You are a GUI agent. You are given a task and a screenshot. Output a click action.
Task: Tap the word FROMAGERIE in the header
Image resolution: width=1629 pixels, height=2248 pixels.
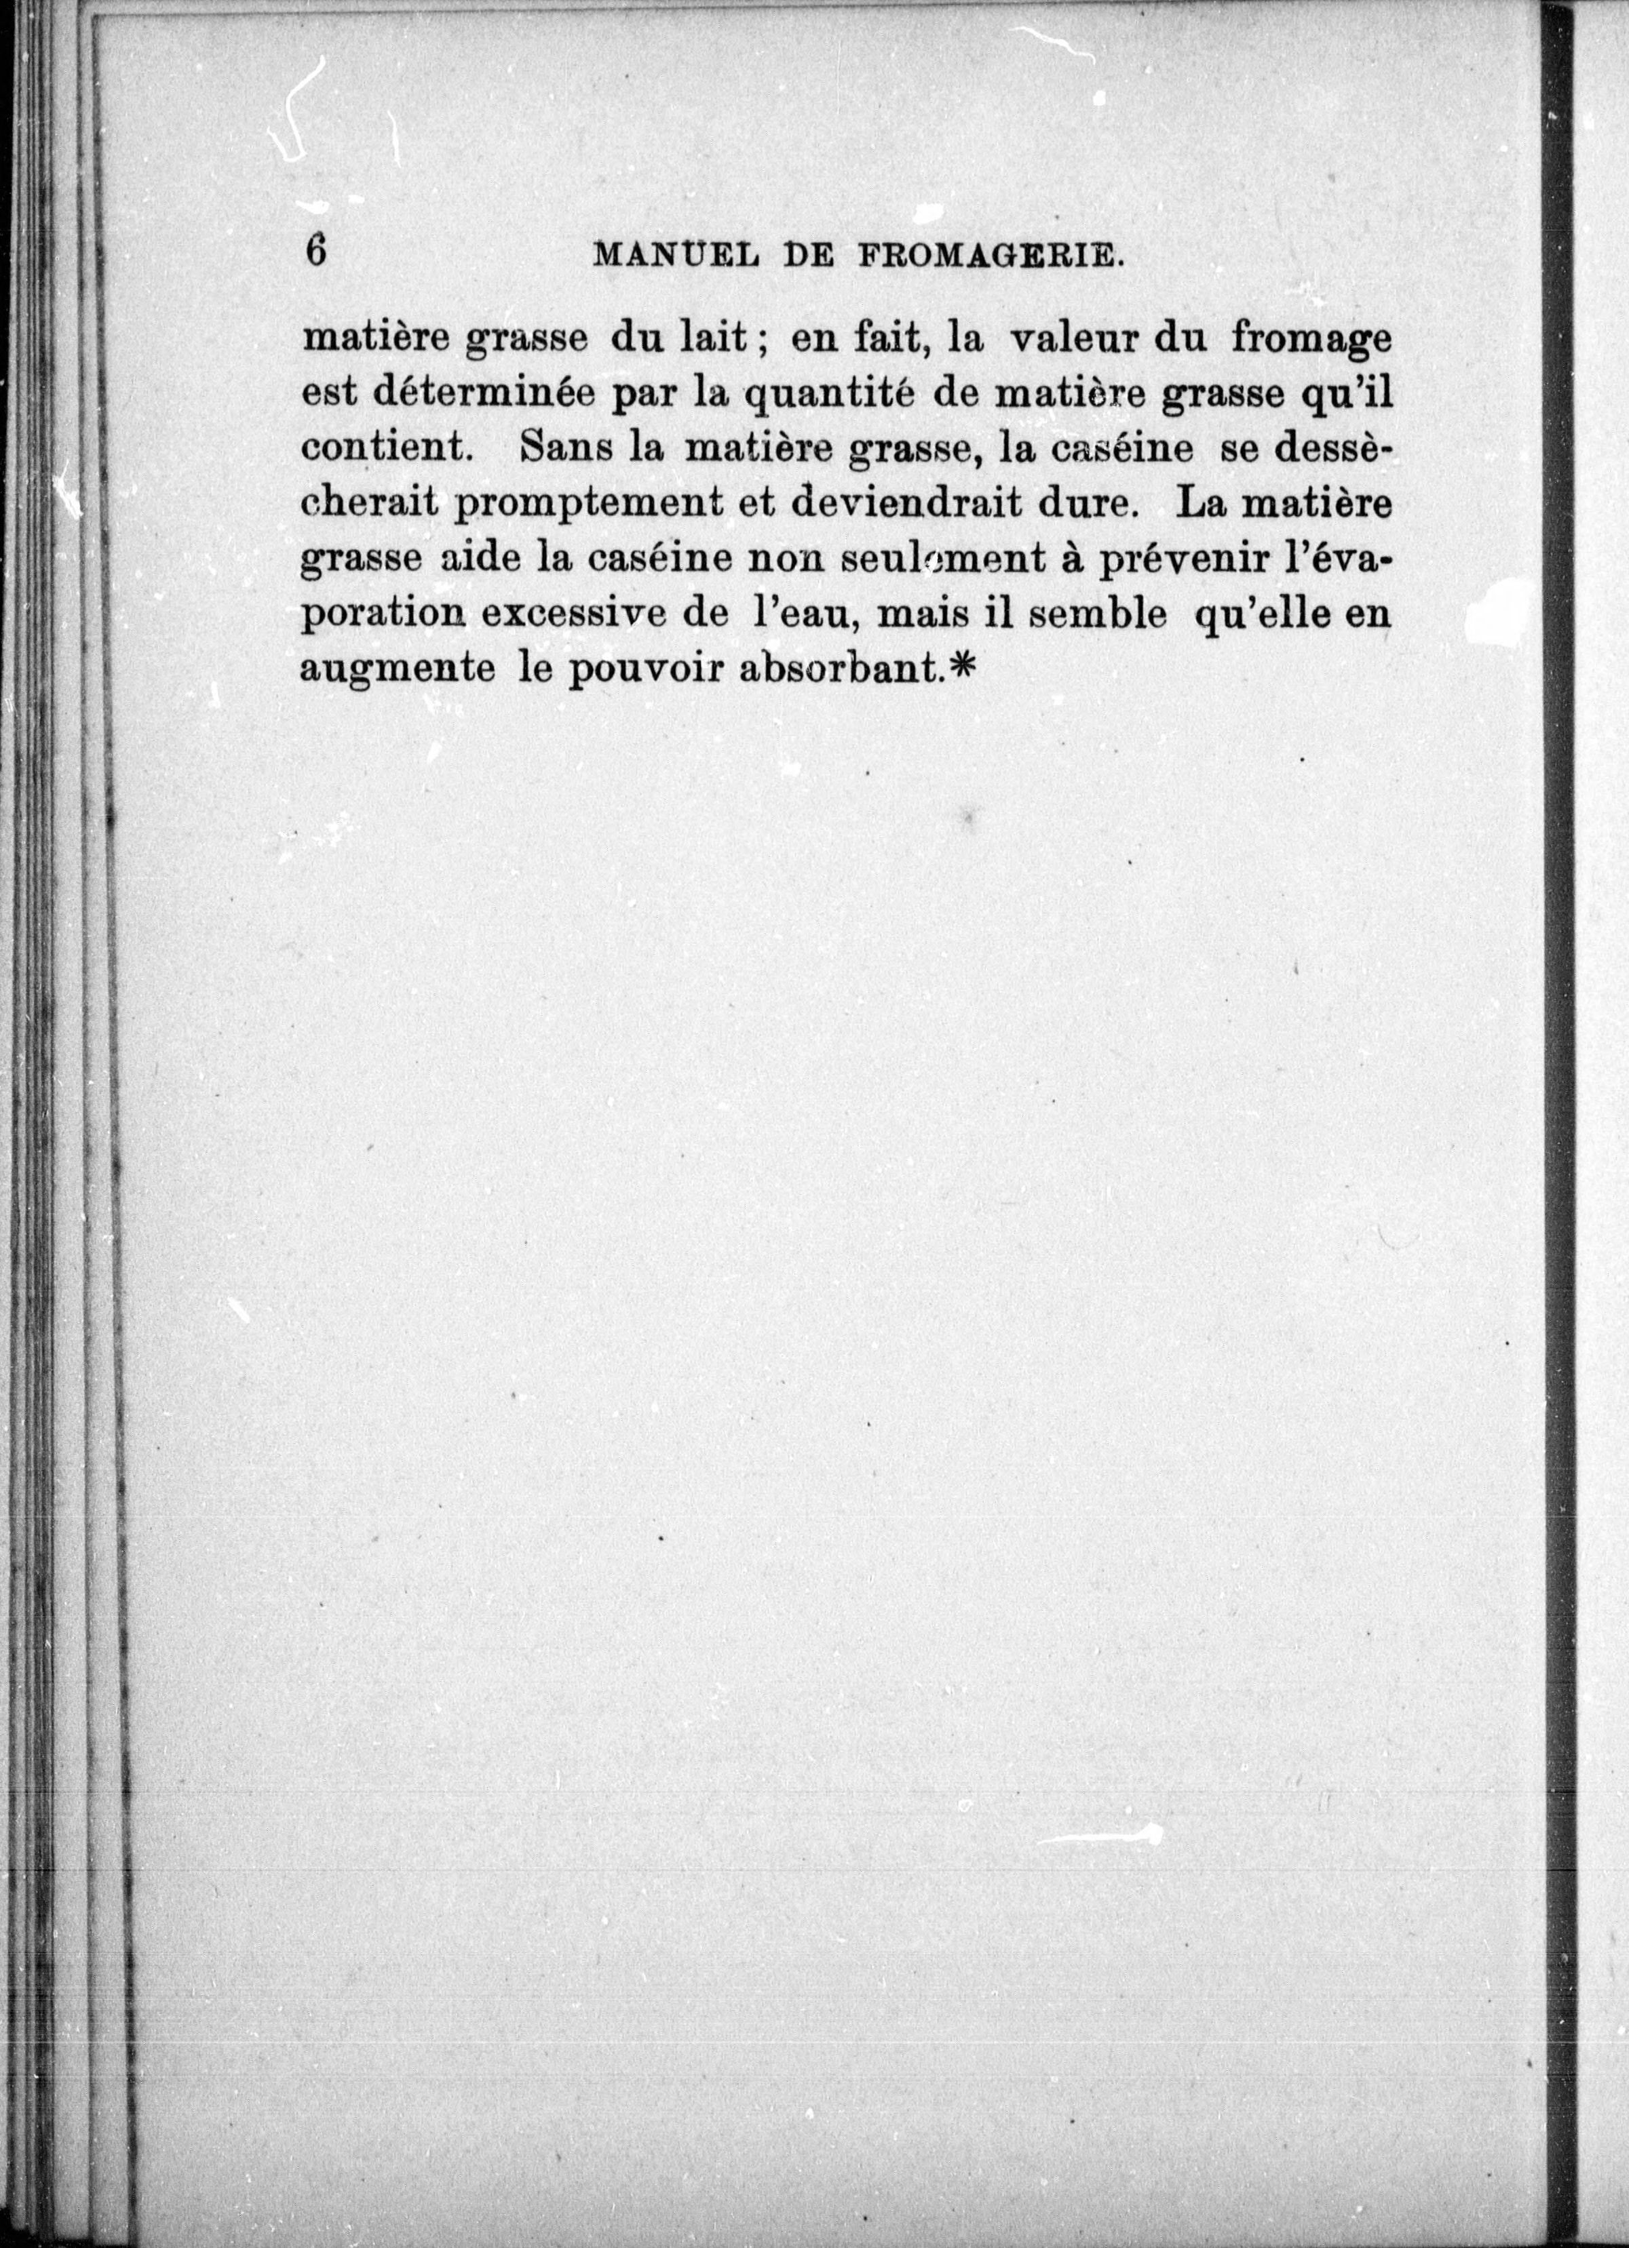(x=989, y=257)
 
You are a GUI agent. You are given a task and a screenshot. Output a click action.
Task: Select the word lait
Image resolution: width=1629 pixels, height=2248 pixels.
(x=711, y=339)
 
